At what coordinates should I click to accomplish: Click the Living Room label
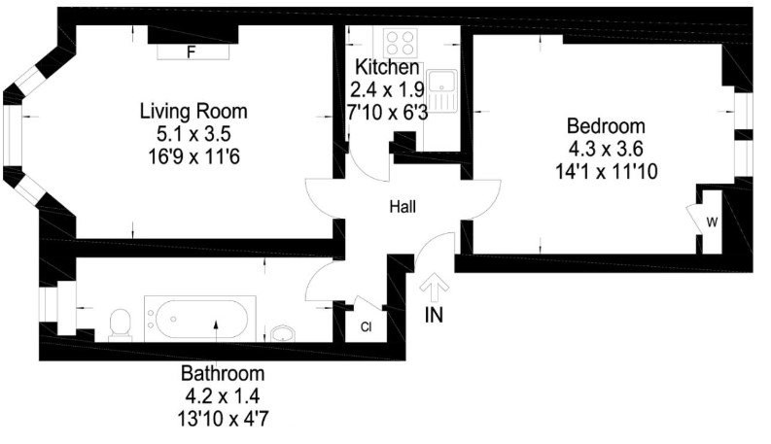pyautogui.click(x=193, y=111)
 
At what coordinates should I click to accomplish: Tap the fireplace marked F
pyautogui.click(x=193, y=51)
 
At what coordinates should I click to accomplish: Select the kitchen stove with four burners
pyautogui.click(x=401, y=43)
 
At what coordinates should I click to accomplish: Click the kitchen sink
pyautogui.click(x=442, y=90)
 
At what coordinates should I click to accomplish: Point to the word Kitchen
pyautogui.click(x=387, y=67)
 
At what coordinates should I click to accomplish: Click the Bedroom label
pyautogui.click(x=606, y=126)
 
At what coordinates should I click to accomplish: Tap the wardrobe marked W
pyautogui.click(x=712, y=222)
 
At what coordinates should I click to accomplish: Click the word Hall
pyautogui.click(x=403, y=207)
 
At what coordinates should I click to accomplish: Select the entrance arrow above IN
pyautogui.click(x=434, y=288)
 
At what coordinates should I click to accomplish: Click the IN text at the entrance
pyautogui.click(x=434, y=315)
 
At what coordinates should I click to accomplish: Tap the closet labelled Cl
pyautogui.click(x=365, y=326)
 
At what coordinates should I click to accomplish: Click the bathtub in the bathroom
pyautogui.click(x=199, y=319)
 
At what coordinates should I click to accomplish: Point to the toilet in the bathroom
pyautogui.click(x=121, y=324)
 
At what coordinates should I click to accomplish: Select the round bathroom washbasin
pyautogui.click(x=282, y=333)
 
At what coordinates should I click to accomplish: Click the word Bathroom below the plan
pyautogui.click(x=223, y=374)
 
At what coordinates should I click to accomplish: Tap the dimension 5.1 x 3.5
pyautogui.click(x=193, y=134)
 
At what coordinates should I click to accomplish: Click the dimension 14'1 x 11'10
pyautogui.click(x=607, y=172)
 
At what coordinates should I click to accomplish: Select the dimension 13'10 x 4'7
pyautogui.click(x=223, y=419)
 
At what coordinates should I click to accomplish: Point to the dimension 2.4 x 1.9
pyautogui.click(x=387, y=90)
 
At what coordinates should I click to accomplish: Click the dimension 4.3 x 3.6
pyautogui.click(x=606, y=149)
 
